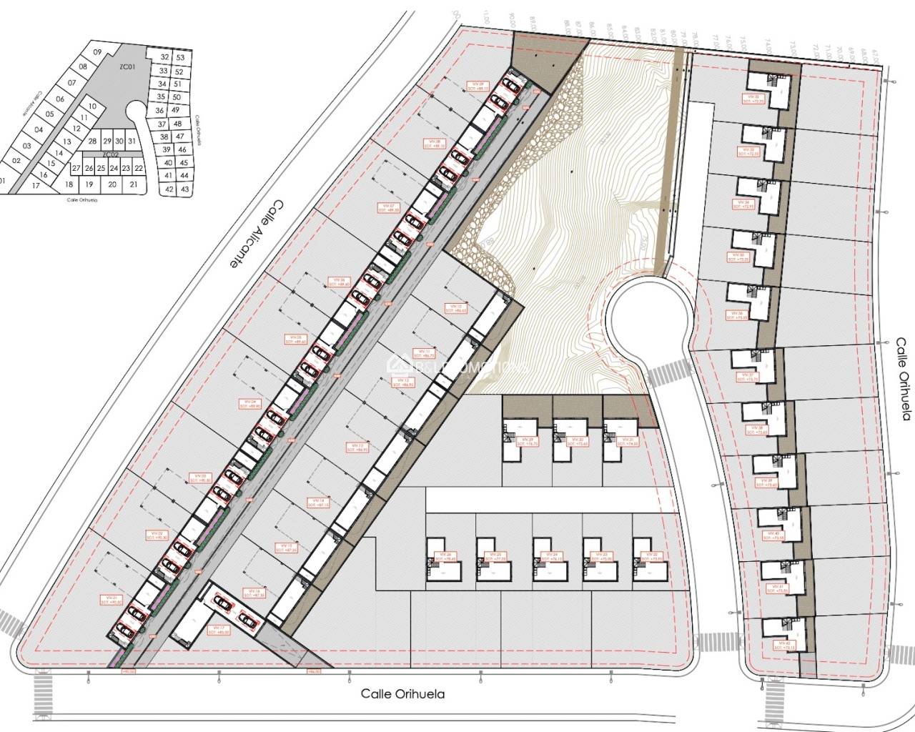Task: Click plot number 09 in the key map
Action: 97,51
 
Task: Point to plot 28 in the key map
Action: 91,142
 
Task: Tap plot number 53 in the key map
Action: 180,57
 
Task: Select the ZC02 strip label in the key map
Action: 109,154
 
